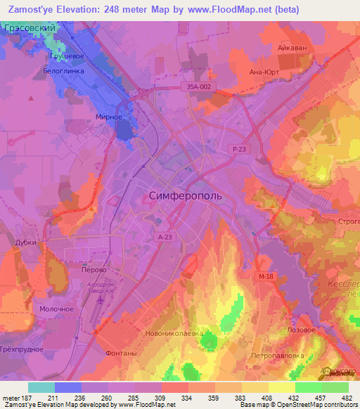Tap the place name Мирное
[x=110, y=117]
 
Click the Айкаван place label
[x=292, y=48]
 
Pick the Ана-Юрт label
[x=265, y=71]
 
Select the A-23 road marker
[x=165, y=238]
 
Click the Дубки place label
[x=26, y=242]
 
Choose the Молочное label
[x=57, y=309]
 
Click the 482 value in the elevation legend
[x=346, y=397]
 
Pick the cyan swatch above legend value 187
[x=41, y=387]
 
